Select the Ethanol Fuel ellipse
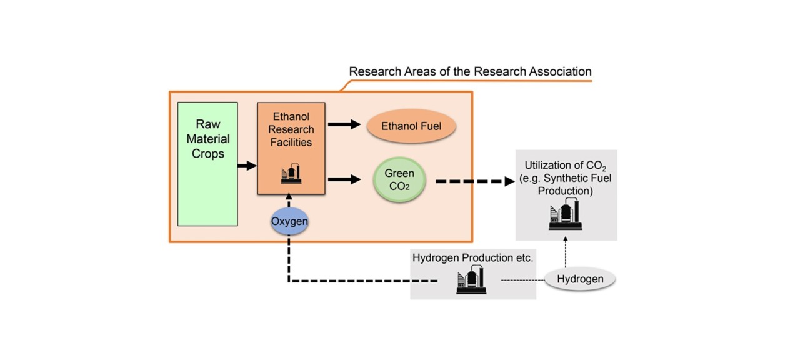[x=411, y=126]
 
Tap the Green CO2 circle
[x=399, y=179]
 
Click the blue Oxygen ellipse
[x=289, y=221]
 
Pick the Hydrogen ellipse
[x=580, y=279]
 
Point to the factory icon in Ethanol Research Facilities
[x=291, y=174]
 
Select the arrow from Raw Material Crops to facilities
[x=247, y=166]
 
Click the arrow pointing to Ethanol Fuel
[x=344, y=124]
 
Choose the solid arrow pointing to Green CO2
[x=344, y=179]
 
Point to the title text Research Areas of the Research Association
[x=470, y=71]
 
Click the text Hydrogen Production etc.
[x=472, y=257]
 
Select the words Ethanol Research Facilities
[x=291, y=129]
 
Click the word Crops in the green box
[x=208, y=153]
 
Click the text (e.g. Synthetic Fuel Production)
[x=566, y=185]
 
